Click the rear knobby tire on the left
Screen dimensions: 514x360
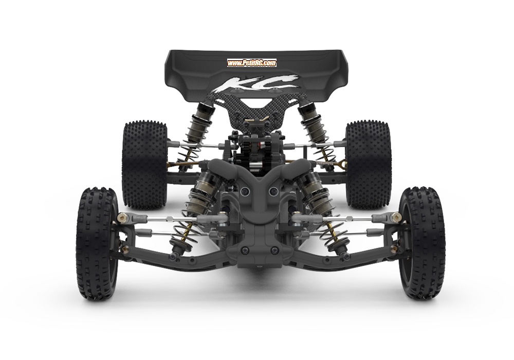[144, 165]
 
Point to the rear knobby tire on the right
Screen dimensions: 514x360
[369, 165]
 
